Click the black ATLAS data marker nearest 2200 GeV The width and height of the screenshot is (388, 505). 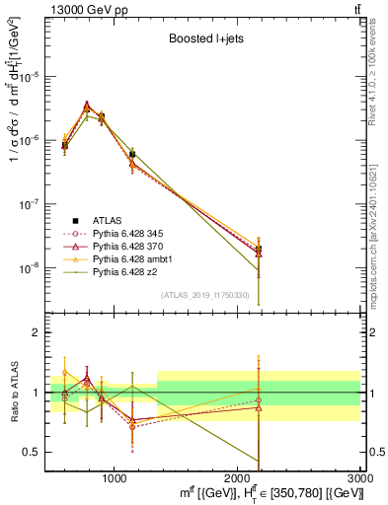coord(259,250)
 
